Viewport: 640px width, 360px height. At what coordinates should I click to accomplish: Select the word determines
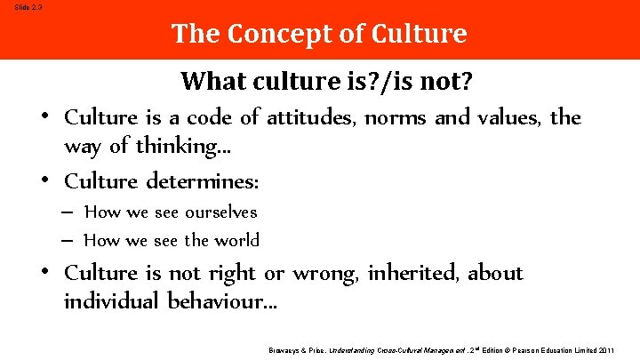[214, 181]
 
